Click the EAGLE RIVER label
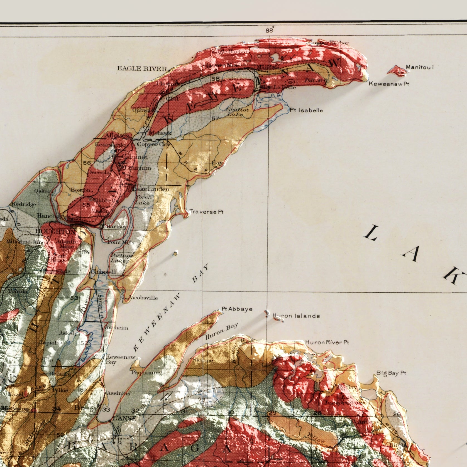tap(142, 69)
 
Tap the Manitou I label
tap(420, 67)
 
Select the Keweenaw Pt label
tap(389, 84)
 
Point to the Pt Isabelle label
tap(306, 110)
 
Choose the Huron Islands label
tap(296, 316)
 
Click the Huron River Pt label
tap(327, 342)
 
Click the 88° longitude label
tap(270, 30)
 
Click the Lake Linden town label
tap(151, 189)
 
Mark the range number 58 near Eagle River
tap(216, 79)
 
